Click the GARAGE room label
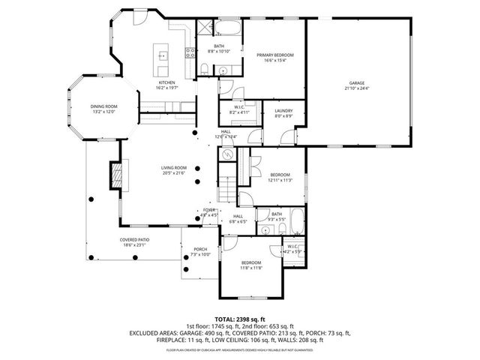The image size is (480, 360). click(358, 82)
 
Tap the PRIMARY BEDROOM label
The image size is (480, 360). click(274, 55)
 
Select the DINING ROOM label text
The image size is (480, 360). click(103, 106)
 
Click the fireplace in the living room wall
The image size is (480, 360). click(115, 176)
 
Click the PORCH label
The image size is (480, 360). click(200, 249)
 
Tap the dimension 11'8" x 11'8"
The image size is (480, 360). click(250, 268)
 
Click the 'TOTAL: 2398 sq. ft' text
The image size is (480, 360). click(239, 319)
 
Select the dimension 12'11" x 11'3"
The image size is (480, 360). click(280, 180)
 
